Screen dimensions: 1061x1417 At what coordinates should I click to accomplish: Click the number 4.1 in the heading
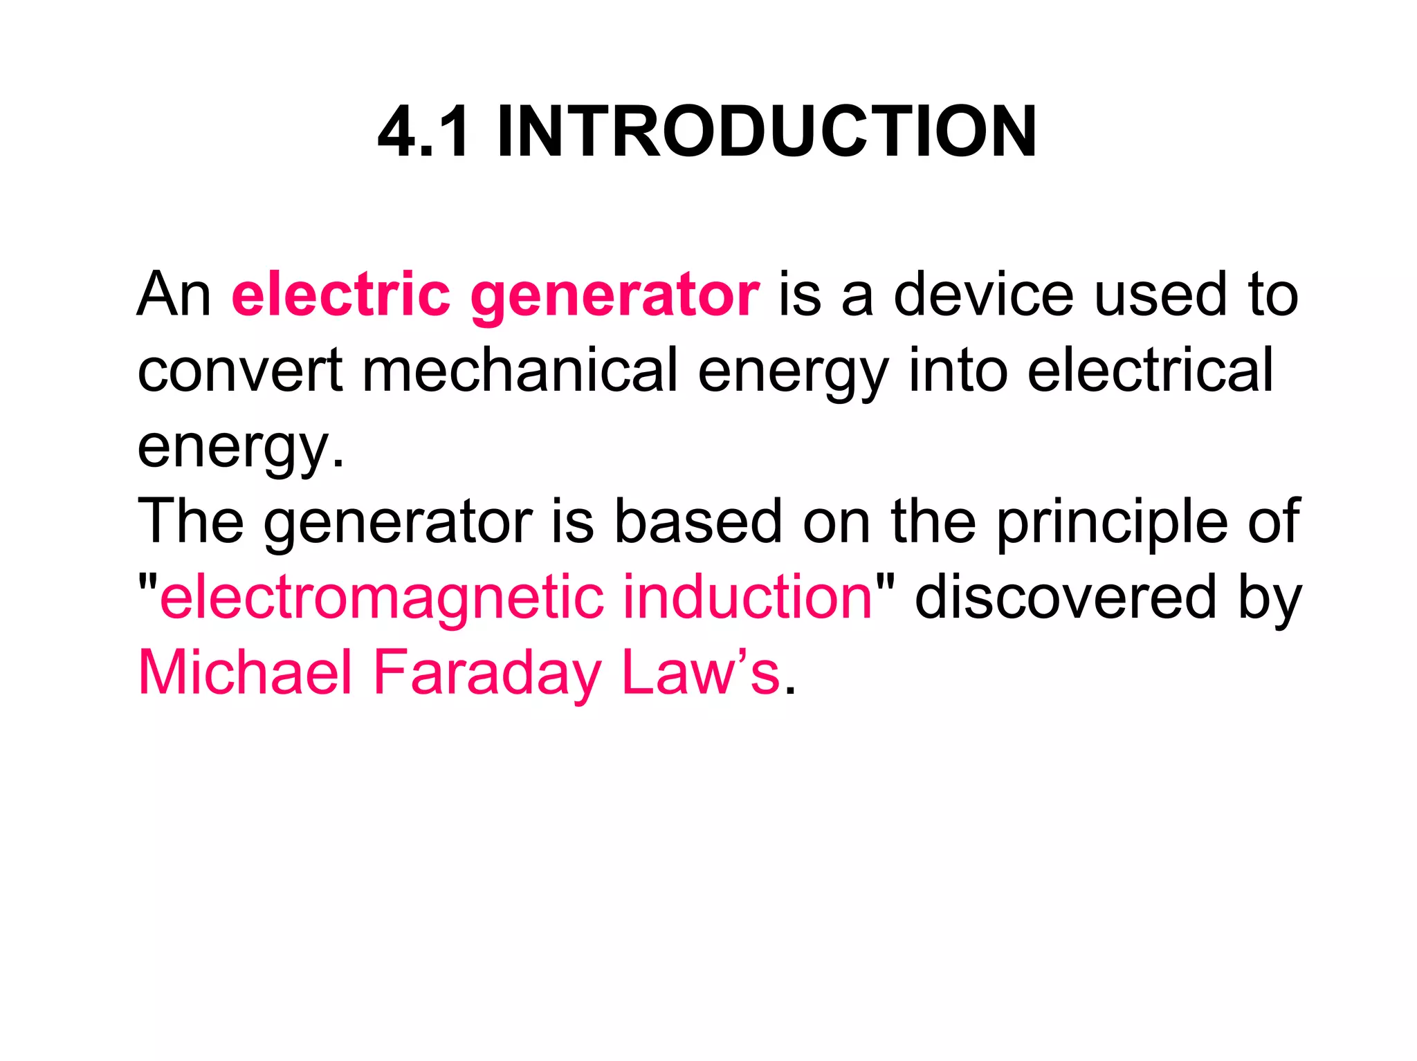(x=423, y=132)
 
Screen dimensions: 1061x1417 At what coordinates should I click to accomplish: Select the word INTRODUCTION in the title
(x=767, y=132)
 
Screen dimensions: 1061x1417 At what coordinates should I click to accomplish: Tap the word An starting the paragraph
(x=174, y=295)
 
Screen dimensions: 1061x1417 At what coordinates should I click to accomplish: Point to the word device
(x=983, y=295)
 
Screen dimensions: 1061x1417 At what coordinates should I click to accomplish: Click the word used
(x=1162, y=295)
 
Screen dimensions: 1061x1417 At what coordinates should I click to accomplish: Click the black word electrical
(x=1150, y=371)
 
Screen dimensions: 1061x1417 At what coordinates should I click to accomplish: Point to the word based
(x=699, y=522)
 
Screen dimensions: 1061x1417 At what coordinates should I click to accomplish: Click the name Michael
(x=246, y=672)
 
